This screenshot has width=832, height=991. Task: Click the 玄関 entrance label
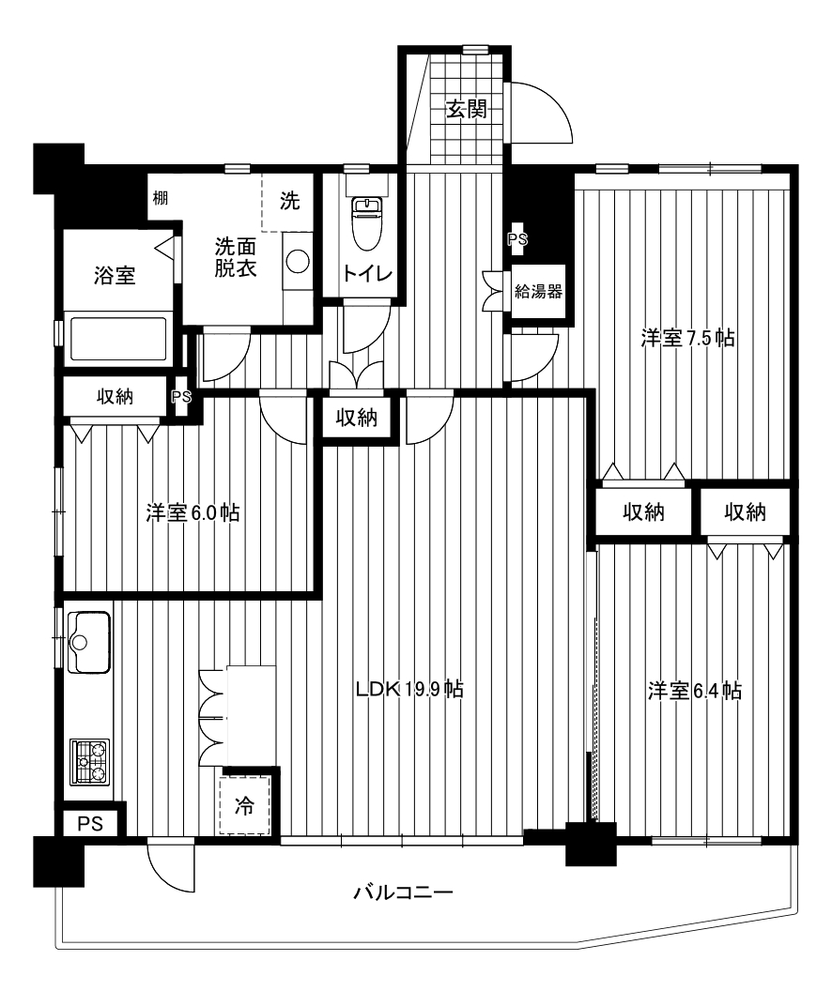coord(467,110)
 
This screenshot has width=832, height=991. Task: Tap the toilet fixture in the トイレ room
coord(366,216)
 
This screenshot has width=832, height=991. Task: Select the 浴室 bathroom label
coord(115,276)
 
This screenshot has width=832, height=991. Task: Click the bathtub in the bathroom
coord(118,339)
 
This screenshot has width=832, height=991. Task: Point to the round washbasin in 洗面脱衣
coord(297,261)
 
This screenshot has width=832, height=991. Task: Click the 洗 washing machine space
coord(288,202)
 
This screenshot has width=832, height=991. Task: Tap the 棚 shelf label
coord(161,198)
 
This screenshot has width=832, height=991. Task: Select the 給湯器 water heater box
coord(538,291)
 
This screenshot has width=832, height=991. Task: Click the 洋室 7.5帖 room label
coord(687,339)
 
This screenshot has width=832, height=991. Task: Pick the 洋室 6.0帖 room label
coord(193,512)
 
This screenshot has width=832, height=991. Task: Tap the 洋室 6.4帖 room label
coord(694,690)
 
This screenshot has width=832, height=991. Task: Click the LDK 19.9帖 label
coord(409,688)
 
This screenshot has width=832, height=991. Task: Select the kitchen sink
coord(88,642)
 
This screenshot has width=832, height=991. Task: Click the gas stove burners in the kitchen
coord(89,762)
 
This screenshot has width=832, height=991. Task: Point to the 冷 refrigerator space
coord(245,806)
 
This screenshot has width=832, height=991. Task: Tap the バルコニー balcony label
coord(403,893)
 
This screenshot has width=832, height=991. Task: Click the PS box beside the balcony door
coord(90,824)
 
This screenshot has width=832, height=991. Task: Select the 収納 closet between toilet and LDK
coord(357,417)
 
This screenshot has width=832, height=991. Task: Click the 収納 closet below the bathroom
coord(115,396)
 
